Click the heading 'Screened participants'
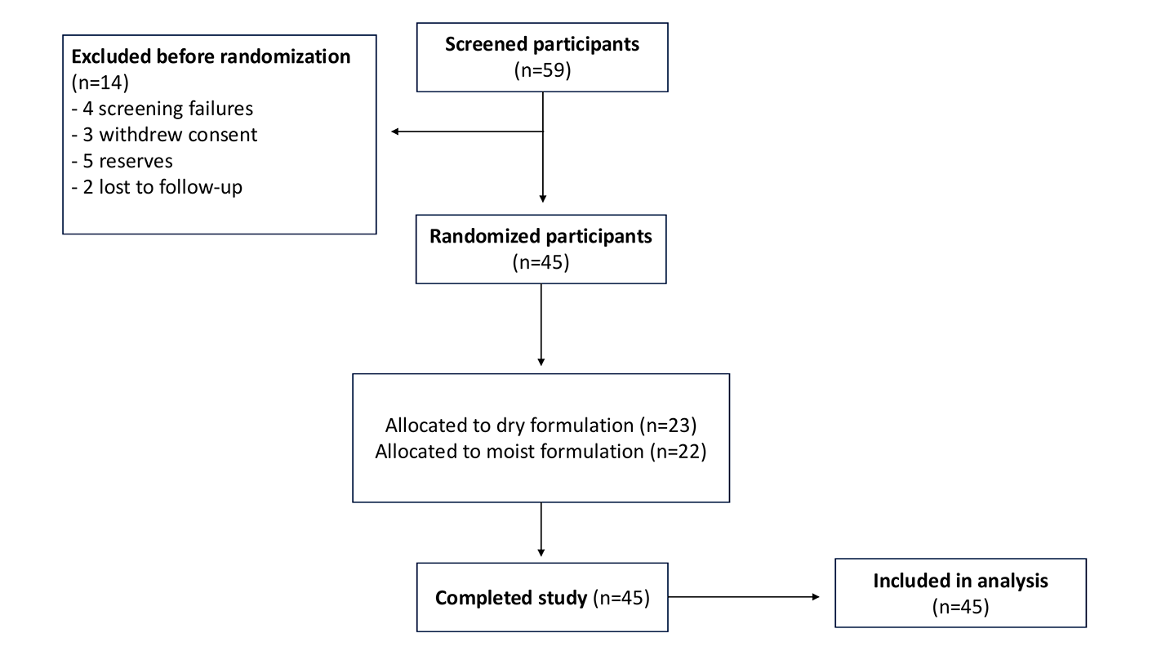[x=542, y=44]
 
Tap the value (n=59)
[x=542, y=69]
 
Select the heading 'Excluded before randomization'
[x=211, y=56]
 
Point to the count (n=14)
[x=100, y=82]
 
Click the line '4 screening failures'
[x=162, y=109]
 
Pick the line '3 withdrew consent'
[x=164, y=134]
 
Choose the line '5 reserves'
[x=122, y=161]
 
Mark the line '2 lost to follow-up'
[x=157, y=187]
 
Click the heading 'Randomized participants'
[x=541, y=236]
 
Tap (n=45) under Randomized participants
[x=541, y=262]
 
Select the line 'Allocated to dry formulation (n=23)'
[x=541, y=426]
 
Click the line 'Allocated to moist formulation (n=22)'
[x=541, y=452]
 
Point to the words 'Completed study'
[x=511, y=598]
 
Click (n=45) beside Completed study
[x=621, y=598]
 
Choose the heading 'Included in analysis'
[x=961, y=581]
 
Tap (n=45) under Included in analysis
[x=961, y=607]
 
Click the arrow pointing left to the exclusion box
[x=467, y=132]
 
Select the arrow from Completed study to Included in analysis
[x=744, y=597]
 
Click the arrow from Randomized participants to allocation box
[x=541, y=325]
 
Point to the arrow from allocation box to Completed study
[x=541, y=529]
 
